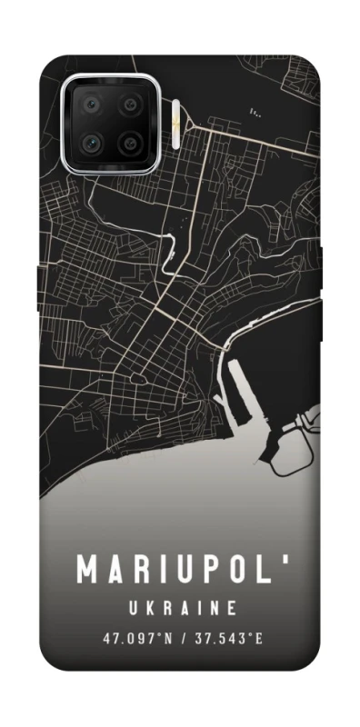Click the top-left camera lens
tap(92, 105)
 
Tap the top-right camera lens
tap(131, 105)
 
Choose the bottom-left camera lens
tap(92, 144)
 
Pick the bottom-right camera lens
tap(131, 144)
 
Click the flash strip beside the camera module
tap(174, 124)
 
